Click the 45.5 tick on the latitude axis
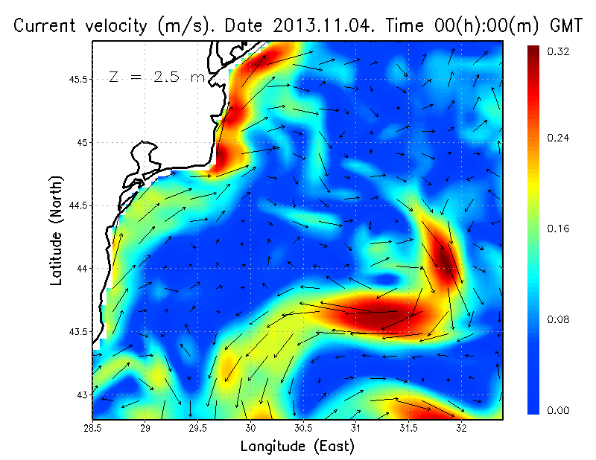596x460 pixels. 79,79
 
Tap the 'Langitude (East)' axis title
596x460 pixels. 297,447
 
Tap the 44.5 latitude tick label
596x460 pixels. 79,205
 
